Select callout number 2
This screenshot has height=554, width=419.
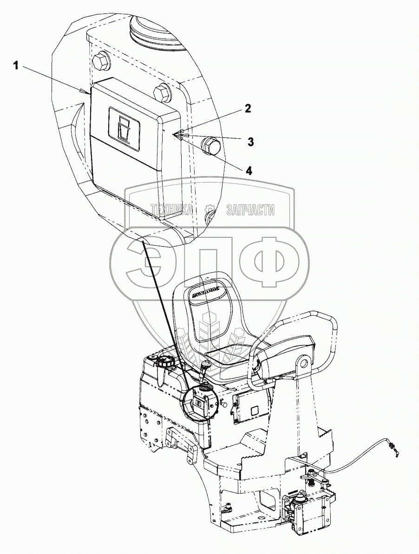coord(248,109)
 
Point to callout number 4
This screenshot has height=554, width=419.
coord(249,170)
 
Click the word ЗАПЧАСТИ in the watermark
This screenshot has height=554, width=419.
coord(250,210)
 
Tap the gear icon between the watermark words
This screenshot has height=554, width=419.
coord(210,210)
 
